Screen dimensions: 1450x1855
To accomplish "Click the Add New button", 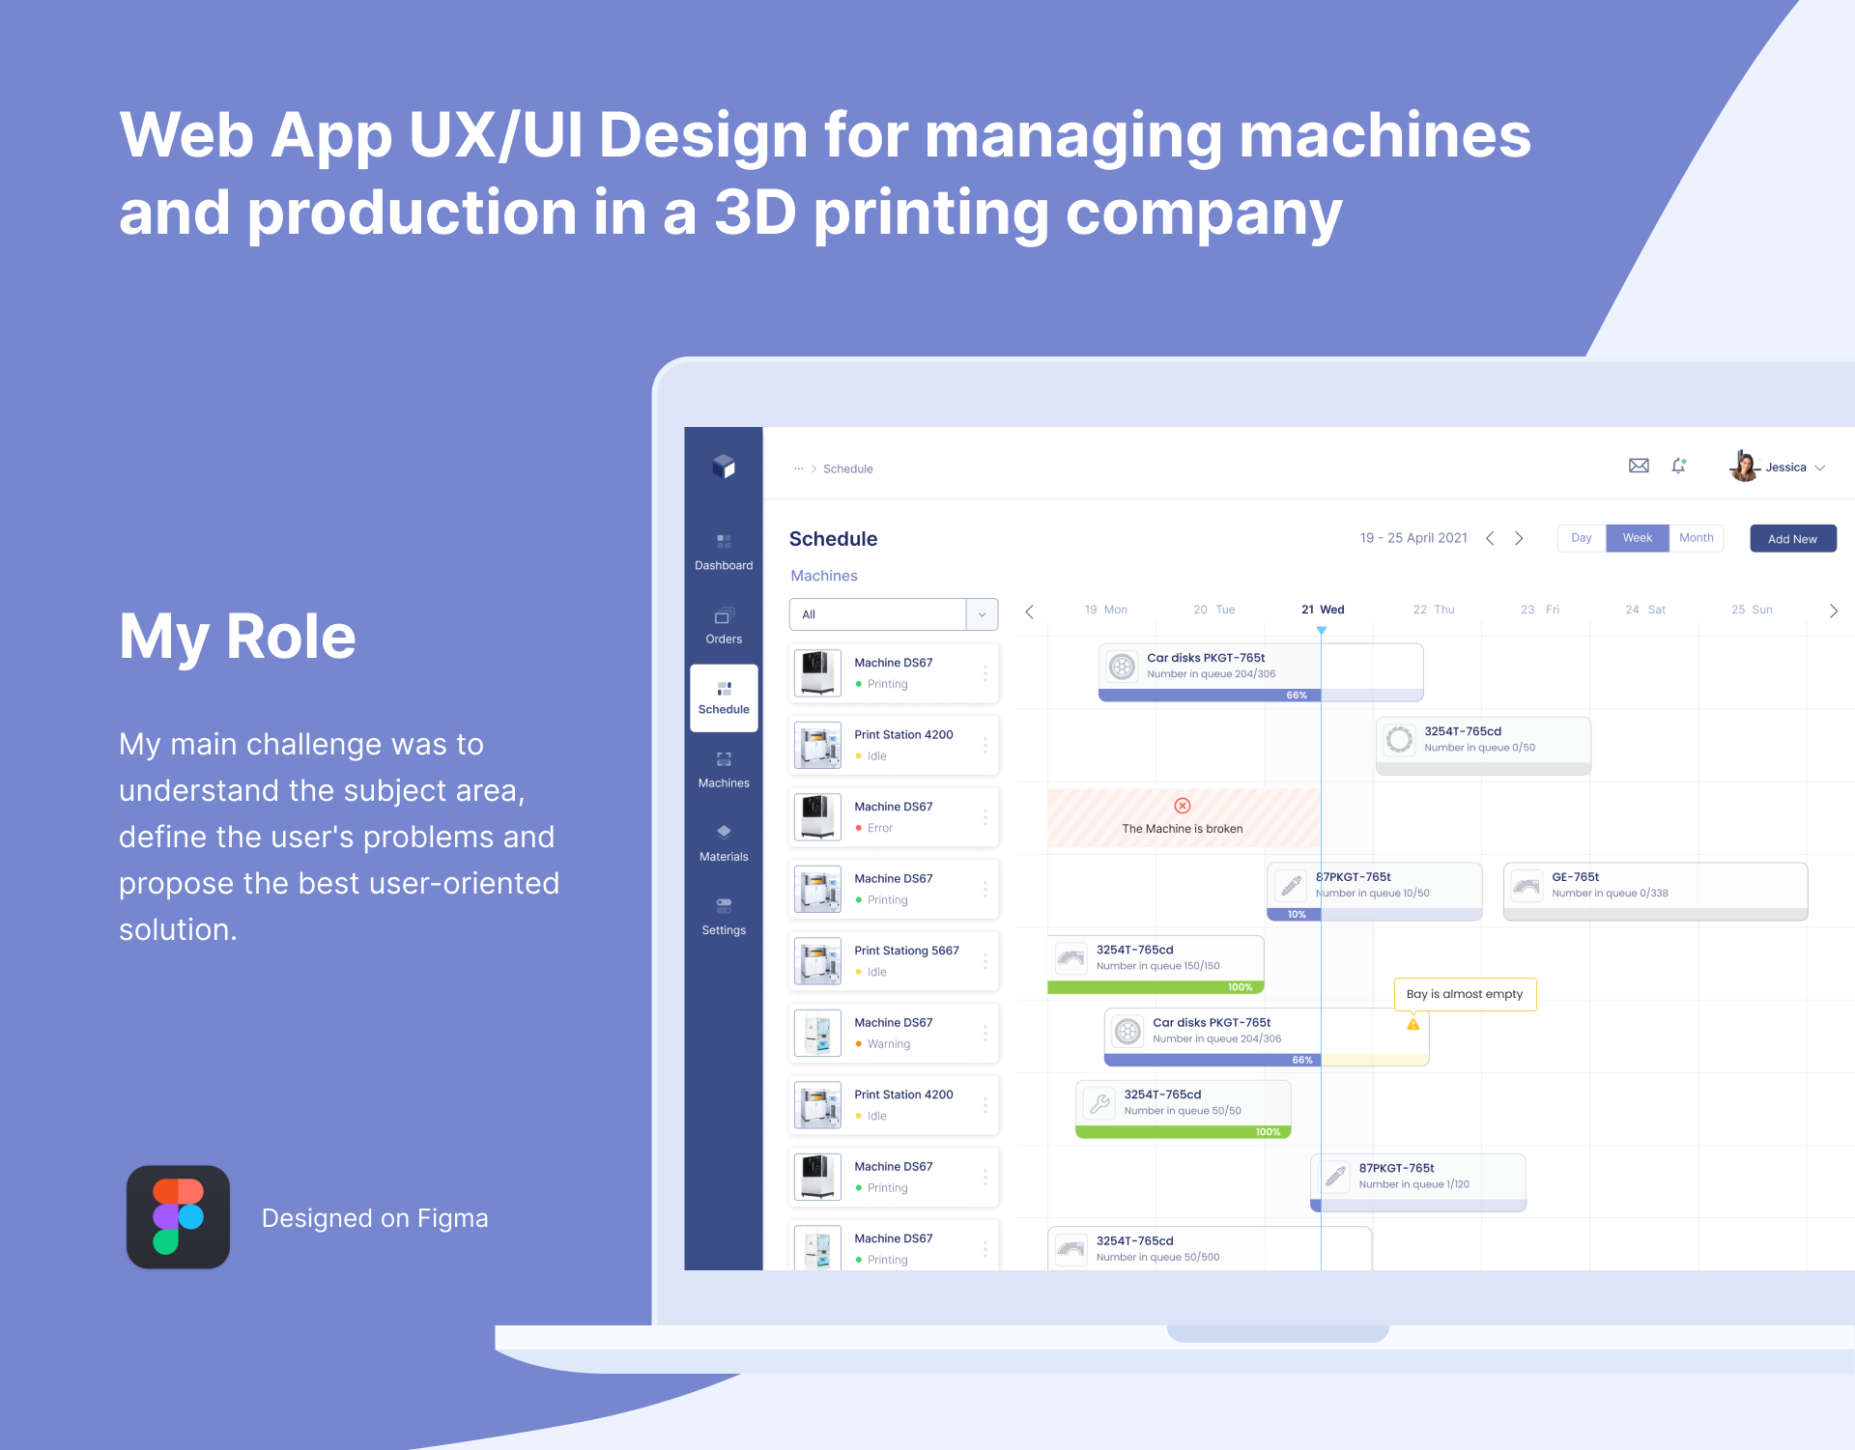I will coord(1792,539).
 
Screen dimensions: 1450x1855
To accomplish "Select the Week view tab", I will coord(1637,538).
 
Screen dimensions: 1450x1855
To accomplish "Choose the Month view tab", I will coord(1696,538).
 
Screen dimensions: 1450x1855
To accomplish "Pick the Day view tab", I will coord(1581,538).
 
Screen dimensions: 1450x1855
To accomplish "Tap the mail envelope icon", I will coord(1639,466).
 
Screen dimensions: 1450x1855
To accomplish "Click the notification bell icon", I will coord(1679,466).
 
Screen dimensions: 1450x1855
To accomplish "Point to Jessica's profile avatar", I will coord(1744,467).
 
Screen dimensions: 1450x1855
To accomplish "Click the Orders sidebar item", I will coord(724,626).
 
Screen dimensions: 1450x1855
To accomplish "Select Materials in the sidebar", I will coord(724,843).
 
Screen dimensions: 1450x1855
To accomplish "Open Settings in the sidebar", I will coord(724,917).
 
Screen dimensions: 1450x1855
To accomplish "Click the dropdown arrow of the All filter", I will coord(982,614).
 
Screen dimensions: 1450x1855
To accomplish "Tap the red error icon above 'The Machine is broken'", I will coord(1183,806).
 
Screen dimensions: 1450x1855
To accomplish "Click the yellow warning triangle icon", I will coord(1413,1024).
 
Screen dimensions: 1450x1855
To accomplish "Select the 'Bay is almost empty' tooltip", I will coord(1465,994).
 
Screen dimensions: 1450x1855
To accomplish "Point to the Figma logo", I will coord(178,1217).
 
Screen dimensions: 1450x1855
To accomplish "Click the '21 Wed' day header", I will coord(1323,610).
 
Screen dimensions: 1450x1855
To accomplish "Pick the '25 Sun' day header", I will coord(1752,610).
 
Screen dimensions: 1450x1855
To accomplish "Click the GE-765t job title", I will coord(1575,877).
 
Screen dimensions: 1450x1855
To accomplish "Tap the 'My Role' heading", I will coord(238,638).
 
